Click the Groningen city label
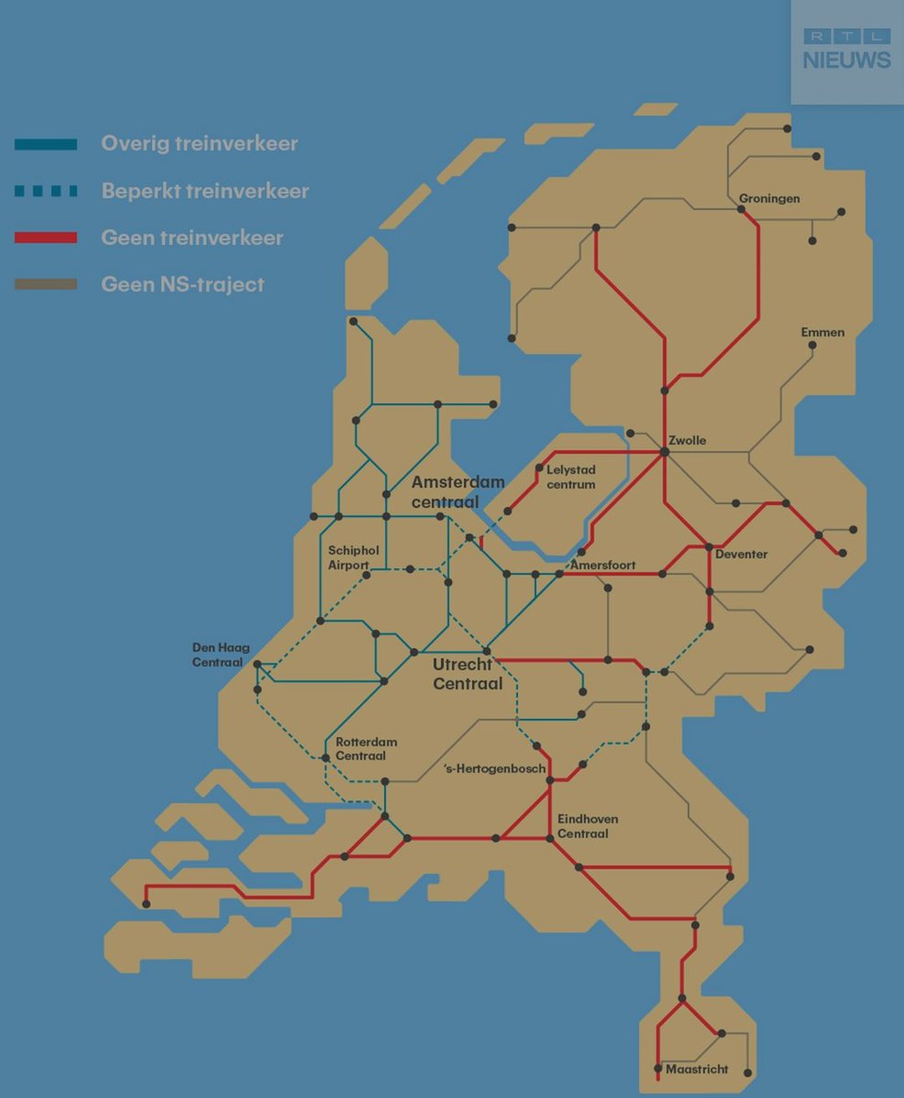[x=769, y=199]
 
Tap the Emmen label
[x=823, y=332]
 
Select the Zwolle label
[x=687, y=440]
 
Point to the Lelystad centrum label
[x=571, y=477]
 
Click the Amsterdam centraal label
[x=457, y=490]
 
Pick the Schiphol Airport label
[x=349, y=557]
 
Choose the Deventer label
[x=741, y=554]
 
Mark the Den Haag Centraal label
[x=221, y=654]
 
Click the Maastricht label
[x=696, y=1069]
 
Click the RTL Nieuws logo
[x=846, y=49]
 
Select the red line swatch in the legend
[x=46, y=238]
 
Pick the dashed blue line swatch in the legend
[x=46, y=191]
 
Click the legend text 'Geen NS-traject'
[x=182, y=285]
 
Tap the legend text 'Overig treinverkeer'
[x=199, y=144]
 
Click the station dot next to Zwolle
[x=664, y=452]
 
